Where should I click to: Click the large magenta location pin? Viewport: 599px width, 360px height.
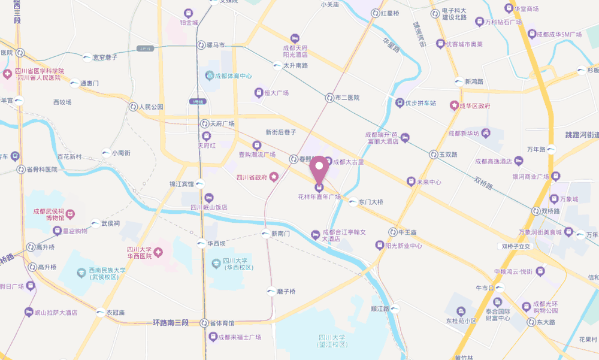[319, 168]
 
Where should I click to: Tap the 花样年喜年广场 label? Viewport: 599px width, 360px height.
[319, 196]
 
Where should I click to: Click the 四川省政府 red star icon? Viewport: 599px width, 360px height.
[274, 177]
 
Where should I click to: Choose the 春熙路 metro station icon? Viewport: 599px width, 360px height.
[294, 159]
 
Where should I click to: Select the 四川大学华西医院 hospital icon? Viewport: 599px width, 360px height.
[158, 253]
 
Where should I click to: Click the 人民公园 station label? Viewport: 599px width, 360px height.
[151, 107]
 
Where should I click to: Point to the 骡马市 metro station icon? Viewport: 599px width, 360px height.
[201, 46]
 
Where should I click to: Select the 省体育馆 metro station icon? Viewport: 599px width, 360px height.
[204, 323]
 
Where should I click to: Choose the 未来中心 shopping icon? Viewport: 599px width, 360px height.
[410, 181]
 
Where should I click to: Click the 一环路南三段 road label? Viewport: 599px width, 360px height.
[167, 323]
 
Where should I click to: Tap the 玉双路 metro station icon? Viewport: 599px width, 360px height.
[433, 155]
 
